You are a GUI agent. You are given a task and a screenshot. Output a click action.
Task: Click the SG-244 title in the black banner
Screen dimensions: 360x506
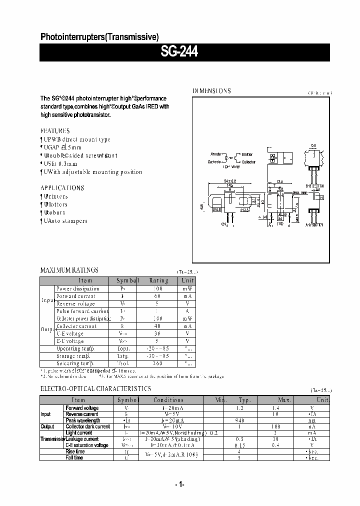(x=179, y=51)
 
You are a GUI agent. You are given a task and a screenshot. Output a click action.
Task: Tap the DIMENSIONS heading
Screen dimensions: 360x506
(x=211, y=91)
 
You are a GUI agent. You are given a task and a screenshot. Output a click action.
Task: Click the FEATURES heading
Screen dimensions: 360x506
(x=55, y=130)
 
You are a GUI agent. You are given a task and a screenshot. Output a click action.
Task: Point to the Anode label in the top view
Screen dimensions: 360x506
(x=215, y=154)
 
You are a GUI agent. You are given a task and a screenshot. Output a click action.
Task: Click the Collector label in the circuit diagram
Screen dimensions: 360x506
(x=248, y=162)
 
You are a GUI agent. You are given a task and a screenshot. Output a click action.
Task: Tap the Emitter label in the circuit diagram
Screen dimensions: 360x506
(x=247, y=154)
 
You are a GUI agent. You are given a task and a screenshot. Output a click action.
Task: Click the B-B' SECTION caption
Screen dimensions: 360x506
(x=315, y=185)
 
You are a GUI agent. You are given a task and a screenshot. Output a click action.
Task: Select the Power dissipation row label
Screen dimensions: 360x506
(x=77, y=288)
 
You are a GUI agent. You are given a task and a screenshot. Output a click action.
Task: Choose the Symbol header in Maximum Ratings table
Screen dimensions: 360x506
(x=127, y=280)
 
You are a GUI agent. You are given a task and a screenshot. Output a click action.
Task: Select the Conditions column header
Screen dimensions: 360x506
(x=168, y=400)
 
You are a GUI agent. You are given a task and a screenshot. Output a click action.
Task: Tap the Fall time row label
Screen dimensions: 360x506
(x=75, y=457)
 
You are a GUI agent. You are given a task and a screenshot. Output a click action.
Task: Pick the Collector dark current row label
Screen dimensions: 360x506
(x=88, y=426)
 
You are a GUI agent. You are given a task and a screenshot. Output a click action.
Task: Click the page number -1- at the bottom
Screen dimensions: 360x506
(x=180, y=484)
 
